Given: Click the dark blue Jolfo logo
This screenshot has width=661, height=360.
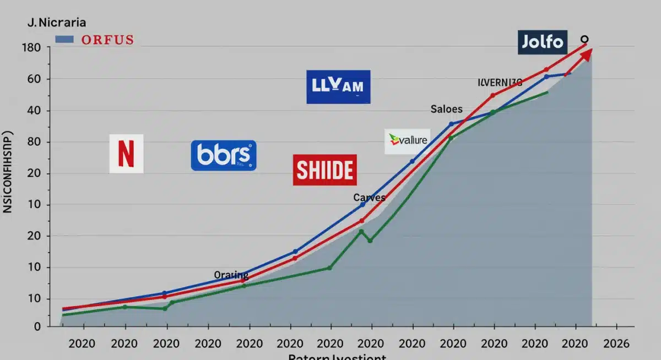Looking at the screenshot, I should (x=543, y=42).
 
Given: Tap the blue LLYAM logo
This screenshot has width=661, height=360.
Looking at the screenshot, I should (x=338, y=87).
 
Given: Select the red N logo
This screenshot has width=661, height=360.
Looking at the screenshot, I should (x=126, y=154).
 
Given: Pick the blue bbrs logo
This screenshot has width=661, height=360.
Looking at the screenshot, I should (x=224, y=155).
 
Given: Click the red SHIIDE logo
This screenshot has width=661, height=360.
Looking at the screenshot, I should (x=324, y=170).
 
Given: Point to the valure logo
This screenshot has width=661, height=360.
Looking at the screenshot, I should (x=407, y=141).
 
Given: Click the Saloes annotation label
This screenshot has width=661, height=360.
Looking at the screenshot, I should (x=446, y=110).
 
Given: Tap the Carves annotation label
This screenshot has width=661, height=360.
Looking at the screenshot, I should (x=369, y=198).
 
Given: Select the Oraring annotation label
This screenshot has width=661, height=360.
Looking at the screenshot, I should (x=231, y=275).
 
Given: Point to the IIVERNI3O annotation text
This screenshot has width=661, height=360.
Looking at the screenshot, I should (x=500, y=83).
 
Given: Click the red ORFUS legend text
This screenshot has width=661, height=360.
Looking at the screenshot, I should (x=107, y=40).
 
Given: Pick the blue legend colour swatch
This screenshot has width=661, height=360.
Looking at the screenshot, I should (x=65, y=40).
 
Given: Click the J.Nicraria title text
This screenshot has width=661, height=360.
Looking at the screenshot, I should (x=55, y=24).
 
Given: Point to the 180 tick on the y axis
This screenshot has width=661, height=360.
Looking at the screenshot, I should (x=31, y=48).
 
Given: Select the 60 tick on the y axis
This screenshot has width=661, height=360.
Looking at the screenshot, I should (x=35, y=79).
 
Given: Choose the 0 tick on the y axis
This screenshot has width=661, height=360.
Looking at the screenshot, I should (x=37, y=327).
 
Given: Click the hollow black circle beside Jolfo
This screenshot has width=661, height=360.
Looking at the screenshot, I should (x=585, y=39).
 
